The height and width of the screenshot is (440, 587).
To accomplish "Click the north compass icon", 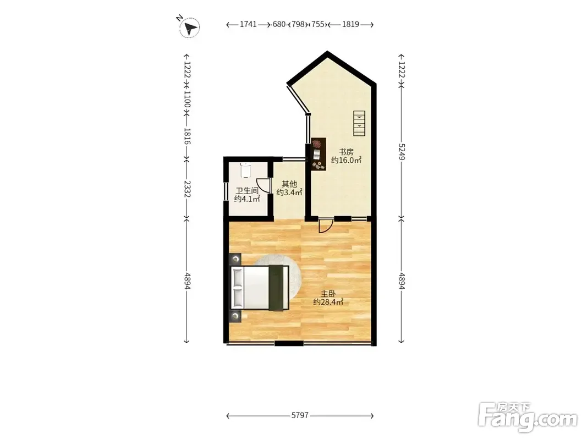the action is (189, 28).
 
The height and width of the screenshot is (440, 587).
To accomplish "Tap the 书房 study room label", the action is (346, 152).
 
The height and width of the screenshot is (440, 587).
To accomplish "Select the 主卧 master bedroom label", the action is (328, 294).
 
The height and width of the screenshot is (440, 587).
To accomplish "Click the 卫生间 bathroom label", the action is (247, 191).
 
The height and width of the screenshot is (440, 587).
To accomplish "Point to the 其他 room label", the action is (289, 184).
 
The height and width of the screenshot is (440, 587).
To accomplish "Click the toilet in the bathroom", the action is (245, 170).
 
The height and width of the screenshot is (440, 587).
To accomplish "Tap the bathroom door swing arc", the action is (265, 185).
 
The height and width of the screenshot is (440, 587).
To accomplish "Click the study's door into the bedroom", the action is (325, 226).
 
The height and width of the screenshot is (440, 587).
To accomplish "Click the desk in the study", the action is (319, 154).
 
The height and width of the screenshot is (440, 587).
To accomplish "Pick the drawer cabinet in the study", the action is (359, 123).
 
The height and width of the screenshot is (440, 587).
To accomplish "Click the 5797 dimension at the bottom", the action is (300, 415).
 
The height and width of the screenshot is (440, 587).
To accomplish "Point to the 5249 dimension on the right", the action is (401, 152).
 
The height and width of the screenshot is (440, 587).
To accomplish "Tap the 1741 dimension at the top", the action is (248, 24).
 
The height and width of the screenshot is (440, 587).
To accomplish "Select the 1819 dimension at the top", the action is (351, 24).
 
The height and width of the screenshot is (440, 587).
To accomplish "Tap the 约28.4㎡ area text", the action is (328, 302).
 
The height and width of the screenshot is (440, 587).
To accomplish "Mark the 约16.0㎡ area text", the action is (346, 160).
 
